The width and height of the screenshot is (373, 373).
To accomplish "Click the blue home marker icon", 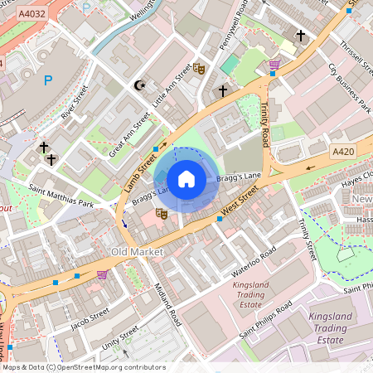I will point(186,179).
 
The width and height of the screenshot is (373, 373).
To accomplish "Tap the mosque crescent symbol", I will point(139,85).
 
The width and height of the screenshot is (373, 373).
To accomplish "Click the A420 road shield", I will point(342,152).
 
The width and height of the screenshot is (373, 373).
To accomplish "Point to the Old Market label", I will point(138,250).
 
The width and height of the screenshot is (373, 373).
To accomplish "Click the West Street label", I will point(240,199).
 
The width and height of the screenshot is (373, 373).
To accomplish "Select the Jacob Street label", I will point(90,318).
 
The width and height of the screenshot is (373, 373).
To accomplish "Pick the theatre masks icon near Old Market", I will point(161,214).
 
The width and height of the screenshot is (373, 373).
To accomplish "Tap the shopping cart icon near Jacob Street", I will point(102,274).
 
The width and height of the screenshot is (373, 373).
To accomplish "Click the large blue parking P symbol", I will point(47,80).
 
